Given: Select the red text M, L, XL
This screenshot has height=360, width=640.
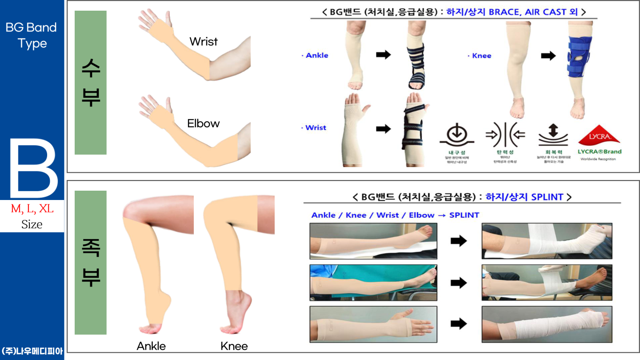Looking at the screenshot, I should click(32, 208).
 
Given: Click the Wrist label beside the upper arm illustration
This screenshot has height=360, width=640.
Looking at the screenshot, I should click(204, 42).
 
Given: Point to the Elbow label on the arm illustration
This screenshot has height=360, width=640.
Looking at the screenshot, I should click(204, 124).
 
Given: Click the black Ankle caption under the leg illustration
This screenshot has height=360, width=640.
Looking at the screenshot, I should click(151, 346).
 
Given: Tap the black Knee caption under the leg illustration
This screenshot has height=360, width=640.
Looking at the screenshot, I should click(234, 346).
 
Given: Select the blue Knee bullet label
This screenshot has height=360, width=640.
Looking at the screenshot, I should click(481, 56).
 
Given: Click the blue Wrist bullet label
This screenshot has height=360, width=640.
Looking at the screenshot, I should click(315, 128).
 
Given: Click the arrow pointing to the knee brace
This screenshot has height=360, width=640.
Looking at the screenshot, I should click(548, 56).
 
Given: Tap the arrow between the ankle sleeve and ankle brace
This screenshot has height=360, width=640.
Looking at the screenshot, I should click(383, 55).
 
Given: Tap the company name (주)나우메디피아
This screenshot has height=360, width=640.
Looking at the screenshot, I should click(32, 351).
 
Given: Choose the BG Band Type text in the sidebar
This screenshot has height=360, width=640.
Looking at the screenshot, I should click(32, 36).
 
